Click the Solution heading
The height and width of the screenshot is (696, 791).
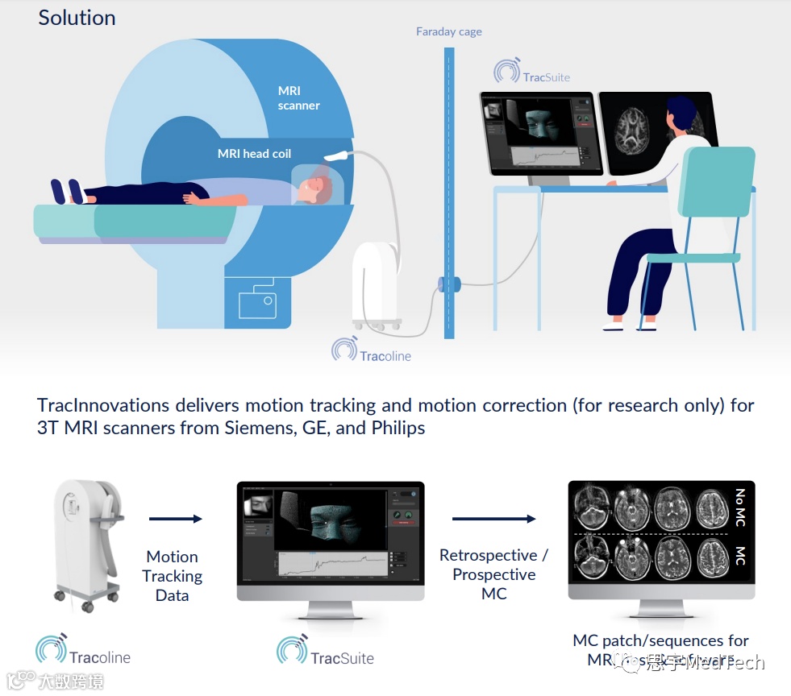click(77, 18)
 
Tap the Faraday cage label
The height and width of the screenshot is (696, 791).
click(448, 32)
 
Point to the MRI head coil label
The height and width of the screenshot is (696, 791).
click(254, 154)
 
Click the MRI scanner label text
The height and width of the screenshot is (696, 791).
click(298, 98)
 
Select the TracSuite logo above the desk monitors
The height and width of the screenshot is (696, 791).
click(532, 74)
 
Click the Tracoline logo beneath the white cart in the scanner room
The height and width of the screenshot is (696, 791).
click(371, 352)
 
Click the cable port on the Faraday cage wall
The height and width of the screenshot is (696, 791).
click(449, 284)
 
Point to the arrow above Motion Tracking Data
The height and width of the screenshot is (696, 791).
click(175, 519)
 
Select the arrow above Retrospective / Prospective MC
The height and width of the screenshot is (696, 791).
click(493, 519)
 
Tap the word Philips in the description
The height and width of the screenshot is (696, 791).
click(398, 428)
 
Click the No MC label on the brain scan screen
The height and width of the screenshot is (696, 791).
click(739, 507)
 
